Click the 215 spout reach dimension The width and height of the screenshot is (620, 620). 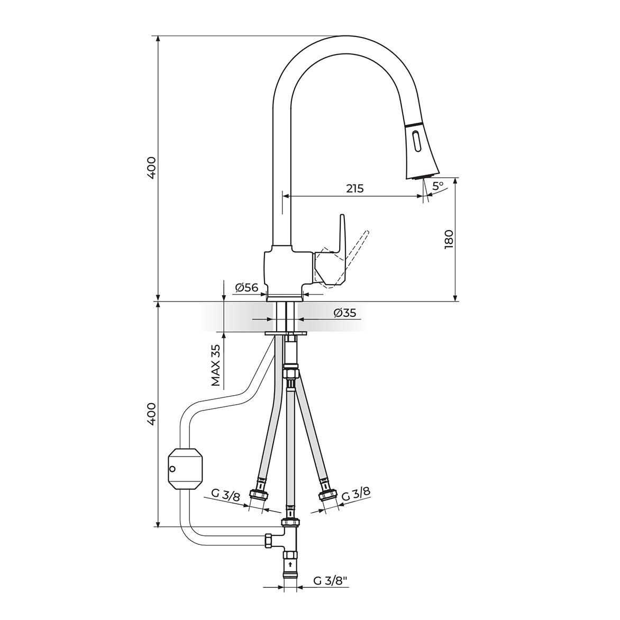pyautogui.click(x=355, y=188)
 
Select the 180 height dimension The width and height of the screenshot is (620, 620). pyautogui.click(x=449, y=239)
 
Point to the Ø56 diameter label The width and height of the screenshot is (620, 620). pyautogui.click(x=246, y=288)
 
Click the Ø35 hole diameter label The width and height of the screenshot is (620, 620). pyautogui.click(x=344, y=313)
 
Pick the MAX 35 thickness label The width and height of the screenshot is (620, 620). pyautogui.click(x=215, y=366)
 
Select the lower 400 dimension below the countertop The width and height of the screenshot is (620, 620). pyautogui.click(x=151, y=414)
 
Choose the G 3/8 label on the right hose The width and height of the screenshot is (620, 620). pyautogui.click(x=355, y=495)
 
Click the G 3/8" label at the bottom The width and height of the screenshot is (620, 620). pyautogui.click(x=330, y=580)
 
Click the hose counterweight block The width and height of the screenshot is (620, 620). pyautogui.click(x=185, y=468)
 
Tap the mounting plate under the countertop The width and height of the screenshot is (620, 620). pyautogui.click(x=286, y=333)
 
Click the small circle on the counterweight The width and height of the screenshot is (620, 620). pyautogui.click(x=171, y=468)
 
